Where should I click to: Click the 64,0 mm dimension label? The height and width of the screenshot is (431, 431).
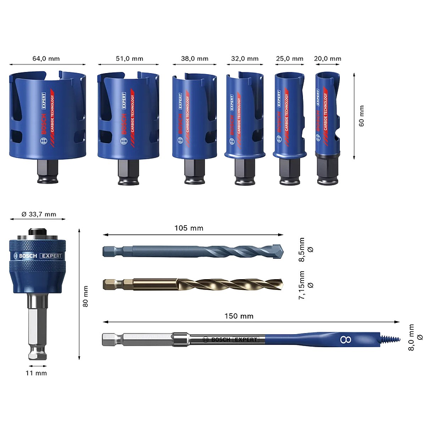46,58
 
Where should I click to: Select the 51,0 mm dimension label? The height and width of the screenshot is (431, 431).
129,58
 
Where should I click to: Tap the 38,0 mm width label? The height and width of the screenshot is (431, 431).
194,58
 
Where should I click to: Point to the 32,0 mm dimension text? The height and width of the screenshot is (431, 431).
245,58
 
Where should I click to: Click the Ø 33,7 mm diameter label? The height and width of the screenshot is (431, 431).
39,214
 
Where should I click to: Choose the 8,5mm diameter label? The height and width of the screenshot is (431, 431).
305,250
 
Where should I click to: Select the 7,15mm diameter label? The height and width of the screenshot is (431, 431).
305,285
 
